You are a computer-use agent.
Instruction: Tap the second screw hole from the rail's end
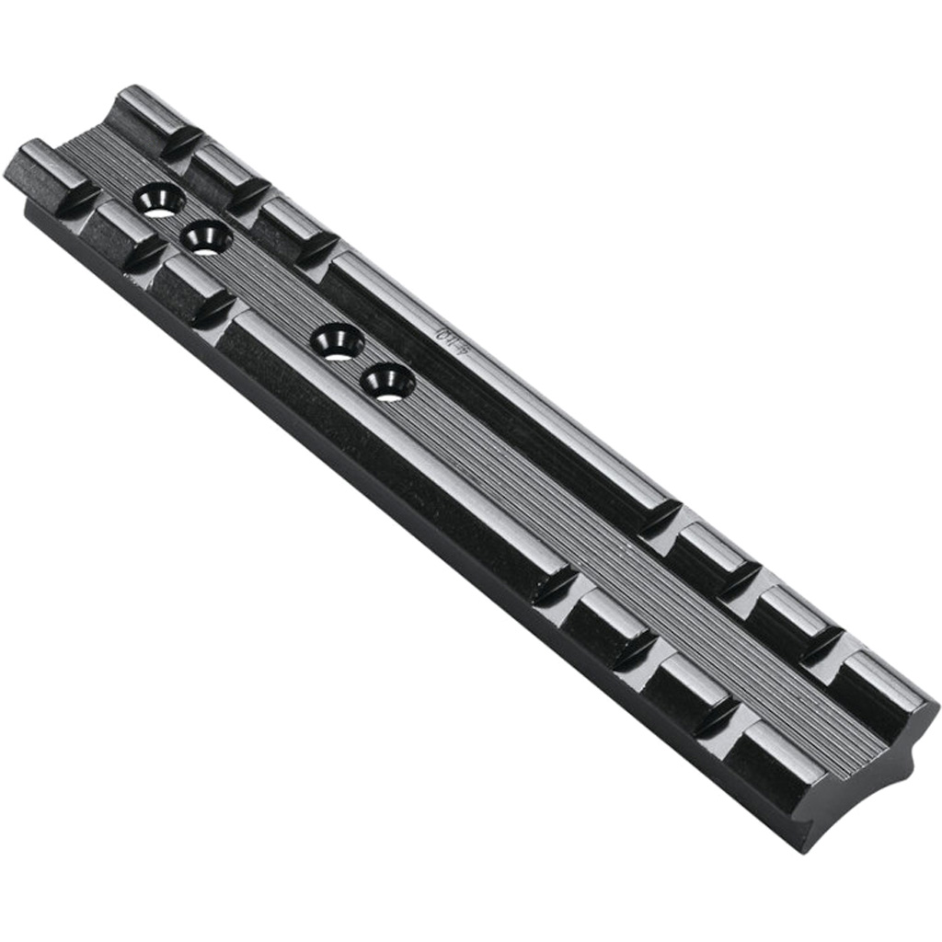pos(206,238)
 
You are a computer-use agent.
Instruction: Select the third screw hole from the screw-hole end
pos(338,342)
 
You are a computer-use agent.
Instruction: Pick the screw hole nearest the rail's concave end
pos(387,381)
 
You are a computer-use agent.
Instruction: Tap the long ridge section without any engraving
pos(386,460)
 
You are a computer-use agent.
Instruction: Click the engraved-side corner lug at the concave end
pos(883,685)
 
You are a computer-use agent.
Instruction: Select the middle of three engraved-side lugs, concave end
pos(791,612)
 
